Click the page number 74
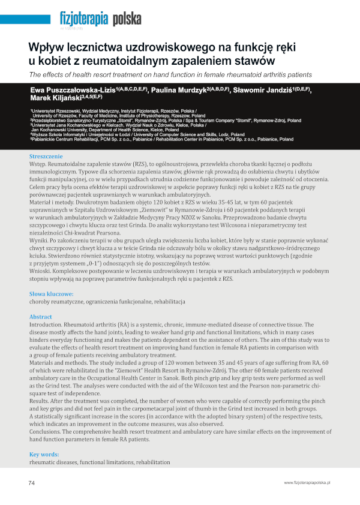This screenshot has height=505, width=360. tap(32, 482)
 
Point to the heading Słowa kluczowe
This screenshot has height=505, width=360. tap(52, 294)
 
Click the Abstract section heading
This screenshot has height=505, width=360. tap(41, 317)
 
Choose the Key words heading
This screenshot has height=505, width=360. tap(44, 455)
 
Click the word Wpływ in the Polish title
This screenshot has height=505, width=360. tap(46, 47)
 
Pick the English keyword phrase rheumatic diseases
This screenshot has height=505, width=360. tap(52, 463)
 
